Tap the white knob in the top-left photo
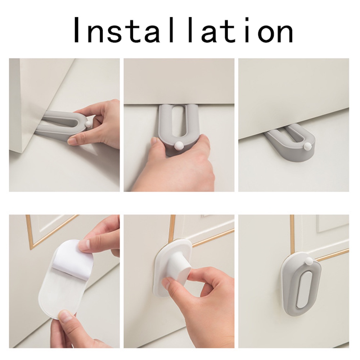[87, 124]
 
